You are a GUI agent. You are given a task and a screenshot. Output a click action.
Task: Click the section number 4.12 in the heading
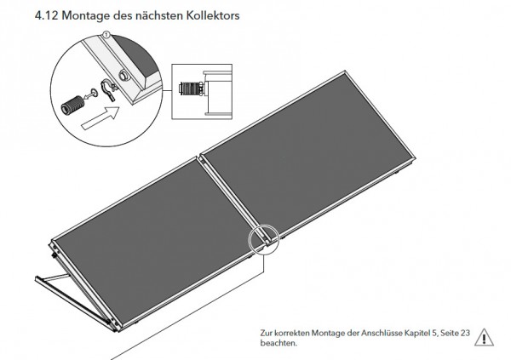pyautogui.click(x=46, y=15)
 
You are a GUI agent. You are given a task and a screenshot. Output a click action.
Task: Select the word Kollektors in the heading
pyautogui.click(x=213, y=15)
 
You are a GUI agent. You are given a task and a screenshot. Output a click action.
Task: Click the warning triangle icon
pyautogui.click(x=484, y=337)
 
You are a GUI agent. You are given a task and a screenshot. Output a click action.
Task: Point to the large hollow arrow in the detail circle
pyautogui.click(x=100, y=118)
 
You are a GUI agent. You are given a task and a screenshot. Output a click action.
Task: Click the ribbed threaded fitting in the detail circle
pyautogui.click(x=73, y=105)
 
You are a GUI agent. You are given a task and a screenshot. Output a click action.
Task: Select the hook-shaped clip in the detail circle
pyautogui.click(x=108, y=90)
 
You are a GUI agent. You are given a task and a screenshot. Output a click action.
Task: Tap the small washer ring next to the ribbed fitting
pyautogui.click(x=95, y=93)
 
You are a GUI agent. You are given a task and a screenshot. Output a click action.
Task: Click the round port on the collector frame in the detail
pyautogui.click(x=124, y=75)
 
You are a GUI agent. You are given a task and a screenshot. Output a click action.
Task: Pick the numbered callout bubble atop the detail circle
pyautogui.click(x=106, y=33)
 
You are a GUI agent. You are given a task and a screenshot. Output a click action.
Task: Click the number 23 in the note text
pyautogui.click(x=465, y=333)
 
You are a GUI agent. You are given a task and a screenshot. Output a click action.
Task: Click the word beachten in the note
pyautogui.click(x=278, y=343)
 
